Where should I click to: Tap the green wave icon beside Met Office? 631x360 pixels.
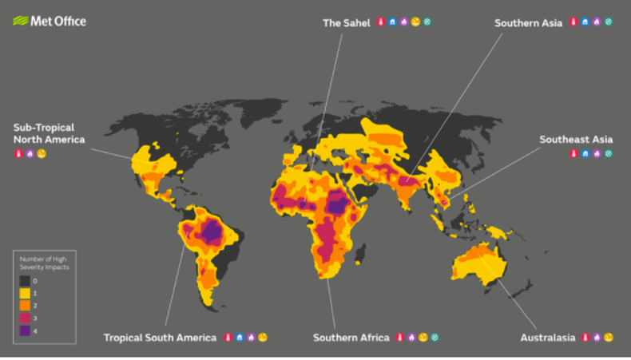pos(21,21)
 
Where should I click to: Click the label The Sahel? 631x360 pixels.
pos(346,23)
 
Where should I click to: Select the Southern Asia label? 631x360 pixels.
pos(528,23)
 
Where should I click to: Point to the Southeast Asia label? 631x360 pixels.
pos(574,139)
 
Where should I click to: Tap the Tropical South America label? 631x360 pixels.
pos(160,338)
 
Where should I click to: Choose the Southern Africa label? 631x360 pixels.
pos(351,338)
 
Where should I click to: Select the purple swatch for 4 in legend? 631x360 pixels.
pos(27,330)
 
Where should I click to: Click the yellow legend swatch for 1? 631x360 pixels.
pos(27,294)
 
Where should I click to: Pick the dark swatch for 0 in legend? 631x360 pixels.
pos(27,282)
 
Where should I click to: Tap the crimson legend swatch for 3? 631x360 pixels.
pos(27,318)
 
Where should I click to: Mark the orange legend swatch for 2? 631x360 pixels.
pos(27,306)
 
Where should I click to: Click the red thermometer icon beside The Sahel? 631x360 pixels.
pos(381,23)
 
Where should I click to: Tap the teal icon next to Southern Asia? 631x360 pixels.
pos(609,23)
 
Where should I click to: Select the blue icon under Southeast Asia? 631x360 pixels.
pos(585,153)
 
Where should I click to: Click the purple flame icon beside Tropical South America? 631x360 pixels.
pos(251,338)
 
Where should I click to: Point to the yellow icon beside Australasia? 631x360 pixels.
pos(609,338)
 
